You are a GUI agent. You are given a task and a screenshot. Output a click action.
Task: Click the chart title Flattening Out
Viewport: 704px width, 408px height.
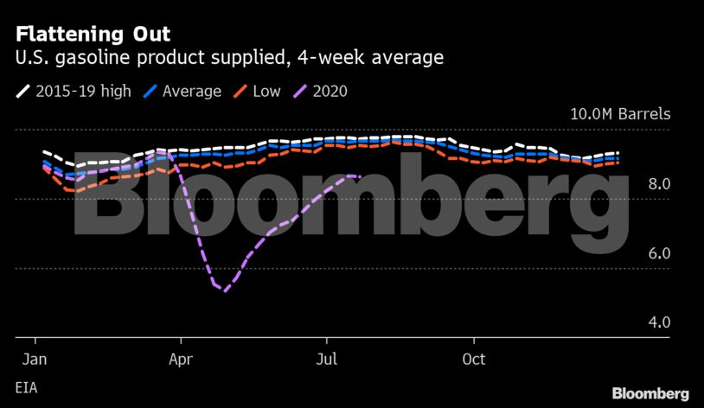[93, 35]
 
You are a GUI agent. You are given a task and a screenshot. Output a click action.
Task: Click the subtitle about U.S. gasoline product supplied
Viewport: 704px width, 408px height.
[229, 59]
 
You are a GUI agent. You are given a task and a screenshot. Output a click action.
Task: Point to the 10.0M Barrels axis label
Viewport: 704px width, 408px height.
[619, 115]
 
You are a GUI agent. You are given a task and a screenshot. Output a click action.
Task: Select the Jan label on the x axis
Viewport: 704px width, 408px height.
[34, 358]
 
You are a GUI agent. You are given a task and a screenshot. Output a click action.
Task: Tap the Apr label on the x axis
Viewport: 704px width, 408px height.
[180, 358]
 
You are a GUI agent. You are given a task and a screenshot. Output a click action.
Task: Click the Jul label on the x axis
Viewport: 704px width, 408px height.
[327, 358]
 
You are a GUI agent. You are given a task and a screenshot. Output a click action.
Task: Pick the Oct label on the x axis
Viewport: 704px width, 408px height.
[473, 358]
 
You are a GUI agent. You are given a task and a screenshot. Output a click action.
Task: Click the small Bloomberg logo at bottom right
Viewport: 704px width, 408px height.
[650, 393]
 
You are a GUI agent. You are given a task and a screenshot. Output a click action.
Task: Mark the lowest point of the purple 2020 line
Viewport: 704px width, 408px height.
[225, 290]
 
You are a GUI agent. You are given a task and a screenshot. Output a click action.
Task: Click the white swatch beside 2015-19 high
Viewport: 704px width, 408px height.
[22, 91]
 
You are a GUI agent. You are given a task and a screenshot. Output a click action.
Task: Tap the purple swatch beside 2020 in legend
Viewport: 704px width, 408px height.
[300, 91]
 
